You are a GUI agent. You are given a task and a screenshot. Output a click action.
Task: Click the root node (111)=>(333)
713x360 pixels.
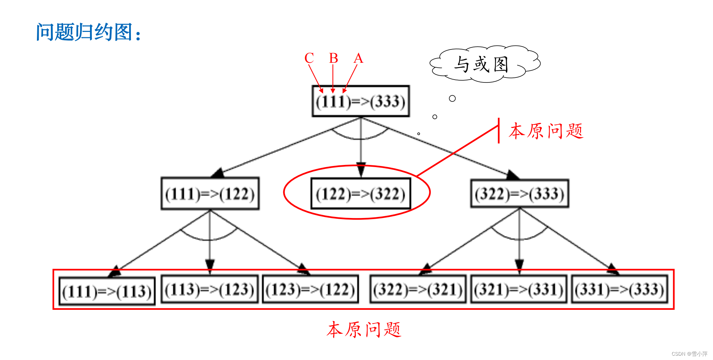[x=360, y=101]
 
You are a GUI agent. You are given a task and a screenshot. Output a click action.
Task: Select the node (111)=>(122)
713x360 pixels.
[x=210, y=194]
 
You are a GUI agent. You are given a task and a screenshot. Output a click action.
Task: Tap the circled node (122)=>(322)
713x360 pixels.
[x=360, y=194]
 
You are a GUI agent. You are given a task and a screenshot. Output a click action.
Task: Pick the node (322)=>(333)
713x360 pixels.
[x=519, y=194]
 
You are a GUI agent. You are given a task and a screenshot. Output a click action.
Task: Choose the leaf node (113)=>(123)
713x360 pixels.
[x=209, y=289]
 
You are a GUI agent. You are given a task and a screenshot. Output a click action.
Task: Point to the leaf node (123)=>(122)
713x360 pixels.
[x=310, y=289]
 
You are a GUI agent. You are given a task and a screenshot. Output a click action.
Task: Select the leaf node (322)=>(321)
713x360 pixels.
[x=418, y=289]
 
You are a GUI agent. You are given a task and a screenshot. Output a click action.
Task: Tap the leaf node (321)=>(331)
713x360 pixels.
[x=519, y=289]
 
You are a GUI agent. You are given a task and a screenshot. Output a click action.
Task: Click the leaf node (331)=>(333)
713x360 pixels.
[x=619, y=289]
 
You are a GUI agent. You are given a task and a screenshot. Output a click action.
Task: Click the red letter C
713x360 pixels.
[x=309, y=58]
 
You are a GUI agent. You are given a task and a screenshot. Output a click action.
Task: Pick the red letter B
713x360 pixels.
[x=334, y=58]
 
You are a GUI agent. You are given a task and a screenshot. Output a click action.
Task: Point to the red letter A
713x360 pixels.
[x=358, y=58]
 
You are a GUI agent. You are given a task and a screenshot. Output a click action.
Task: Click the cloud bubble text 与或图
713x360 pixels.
[x=481, y=65]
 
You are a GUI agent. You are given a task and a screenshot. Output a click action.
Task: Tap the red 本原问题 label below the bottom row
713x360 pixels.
[x=364, y=330]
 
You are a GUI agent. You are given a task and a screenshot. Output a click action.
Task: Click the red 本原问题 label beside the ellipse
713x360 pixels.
[x=546, y=131]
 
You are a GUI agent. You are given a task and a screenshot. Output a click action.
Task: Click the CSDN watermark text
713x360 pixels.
[x=689, y=354]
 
